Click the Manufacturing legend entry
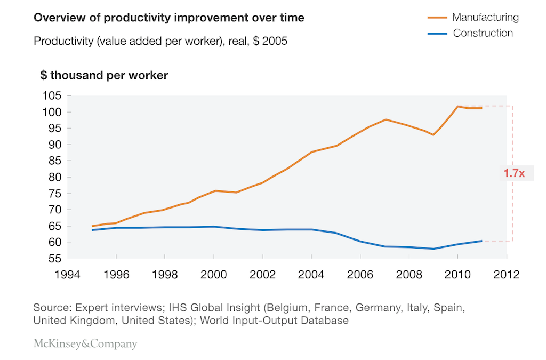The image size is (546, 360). click(x=473, y=17)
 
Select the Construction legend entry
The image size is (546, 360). click(x=470, y=33)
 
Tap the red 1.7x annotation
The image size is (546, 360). click(x=514, y=173)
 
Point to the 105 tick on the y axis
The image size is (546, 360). click(x=52, y=95)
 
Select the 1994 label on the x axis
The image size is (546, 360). click(x=67, y=274)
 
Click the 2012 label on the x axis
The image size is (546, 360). click(x=507, y=274)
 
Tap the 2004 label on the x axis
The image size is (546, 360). click(x=311, y=274)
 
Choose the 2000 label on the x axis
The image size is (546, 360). click(x=213, y=274)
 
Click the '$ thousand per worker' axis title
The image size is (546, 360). click(x=104, y=75)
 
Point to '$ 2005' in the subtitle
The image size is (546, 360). click(x=270, y=41)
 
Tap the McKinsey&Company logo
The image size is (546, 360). click(x=85, y=343)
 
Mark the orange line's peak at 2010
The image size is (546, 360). click(x=457, y=106)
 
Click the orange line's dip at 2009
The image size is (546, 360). click(x=433, y=135)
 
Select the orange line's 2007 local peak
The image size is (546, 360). click(x=386, y=119)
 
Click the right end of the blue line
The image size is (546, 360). click(x=482, y=241)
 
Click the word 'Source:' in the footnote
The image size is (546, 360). click(x=53, y=308)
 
